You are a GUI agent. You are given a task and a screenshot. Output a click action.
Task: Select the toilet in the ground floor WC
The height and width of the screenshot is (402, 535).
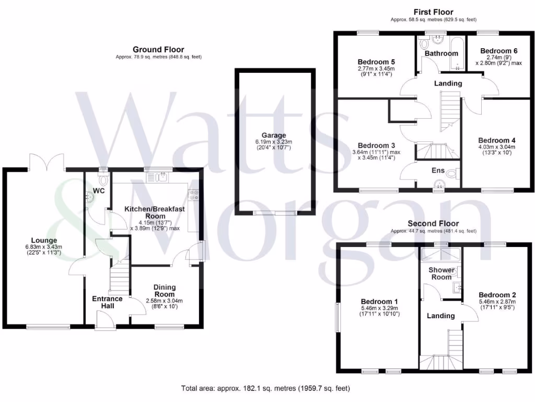103,180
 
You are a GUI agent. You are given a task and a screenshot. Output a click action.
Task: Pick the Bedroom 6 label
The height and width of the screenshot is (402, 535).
499,51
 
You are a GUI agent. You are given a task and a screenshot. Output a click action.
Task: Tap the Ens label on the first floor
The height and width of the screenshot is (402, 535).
437,170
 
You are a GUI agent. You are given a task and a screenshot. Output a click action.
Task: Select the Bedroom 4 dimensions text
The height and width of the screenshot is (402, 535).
497,151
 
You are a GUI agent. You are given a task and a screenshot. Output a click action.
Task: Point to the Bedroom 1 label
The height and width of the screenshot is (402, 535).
379,301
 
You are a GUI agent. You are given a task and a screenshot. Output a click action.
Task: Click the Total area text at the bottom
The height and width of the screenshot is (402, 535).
265,388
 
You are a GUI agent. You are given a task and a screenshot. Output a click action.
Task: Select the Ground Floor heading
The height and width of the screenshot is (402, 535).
158,49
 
